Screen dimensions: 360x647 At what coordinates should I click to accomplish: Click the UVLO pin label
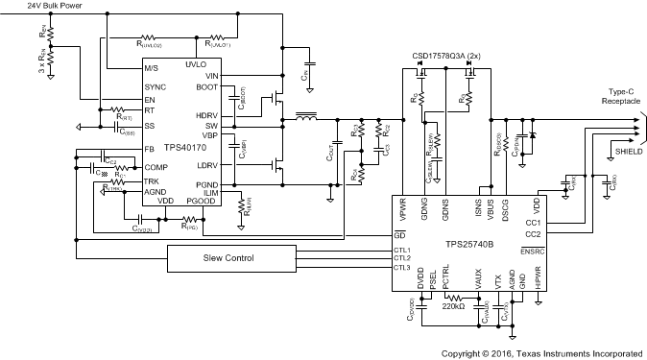tap(197, 64)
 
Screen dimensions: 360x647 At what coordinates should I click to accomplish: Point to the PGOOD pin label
tap(202, 200)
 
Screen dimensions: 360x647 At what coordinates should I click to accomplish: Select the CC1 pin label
tap(533, 223)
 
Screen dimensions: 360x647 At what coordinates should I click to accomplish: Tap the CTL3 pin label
tap(402, 267)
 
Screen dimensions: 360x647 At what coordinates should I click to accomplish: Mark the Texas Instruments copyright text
tap(541, 353)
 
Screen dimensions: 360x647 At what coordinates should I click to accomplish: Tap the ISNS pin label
tap(477, 208)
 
